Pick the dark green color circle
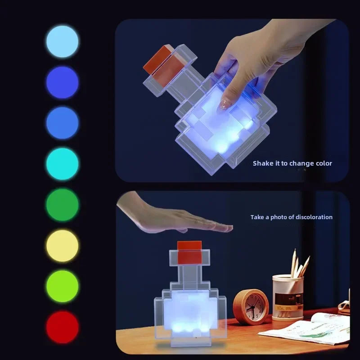pyautogui.click(x=62, y=205)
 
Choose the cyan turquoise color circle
pyautogui.click(x=62, y=164)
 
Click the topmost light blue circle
pyautogui.click(x=62, y=41)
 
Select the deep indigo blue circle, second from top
pyautogui.click(x=62, y=82)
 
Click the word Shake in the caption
pyautogui.click(x=263, y=163)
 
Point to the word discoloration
pyautogui.click(x=311, y=217)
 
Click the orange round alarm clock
pyautogui.click(x=251, y=307)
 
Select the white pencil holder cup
pyautogui.click(x=288, y=297)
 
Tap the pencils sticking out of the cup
pyautogui.click(x=299, y=263)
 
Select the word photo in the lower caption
pyautogui.click(x=278, y=217)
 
